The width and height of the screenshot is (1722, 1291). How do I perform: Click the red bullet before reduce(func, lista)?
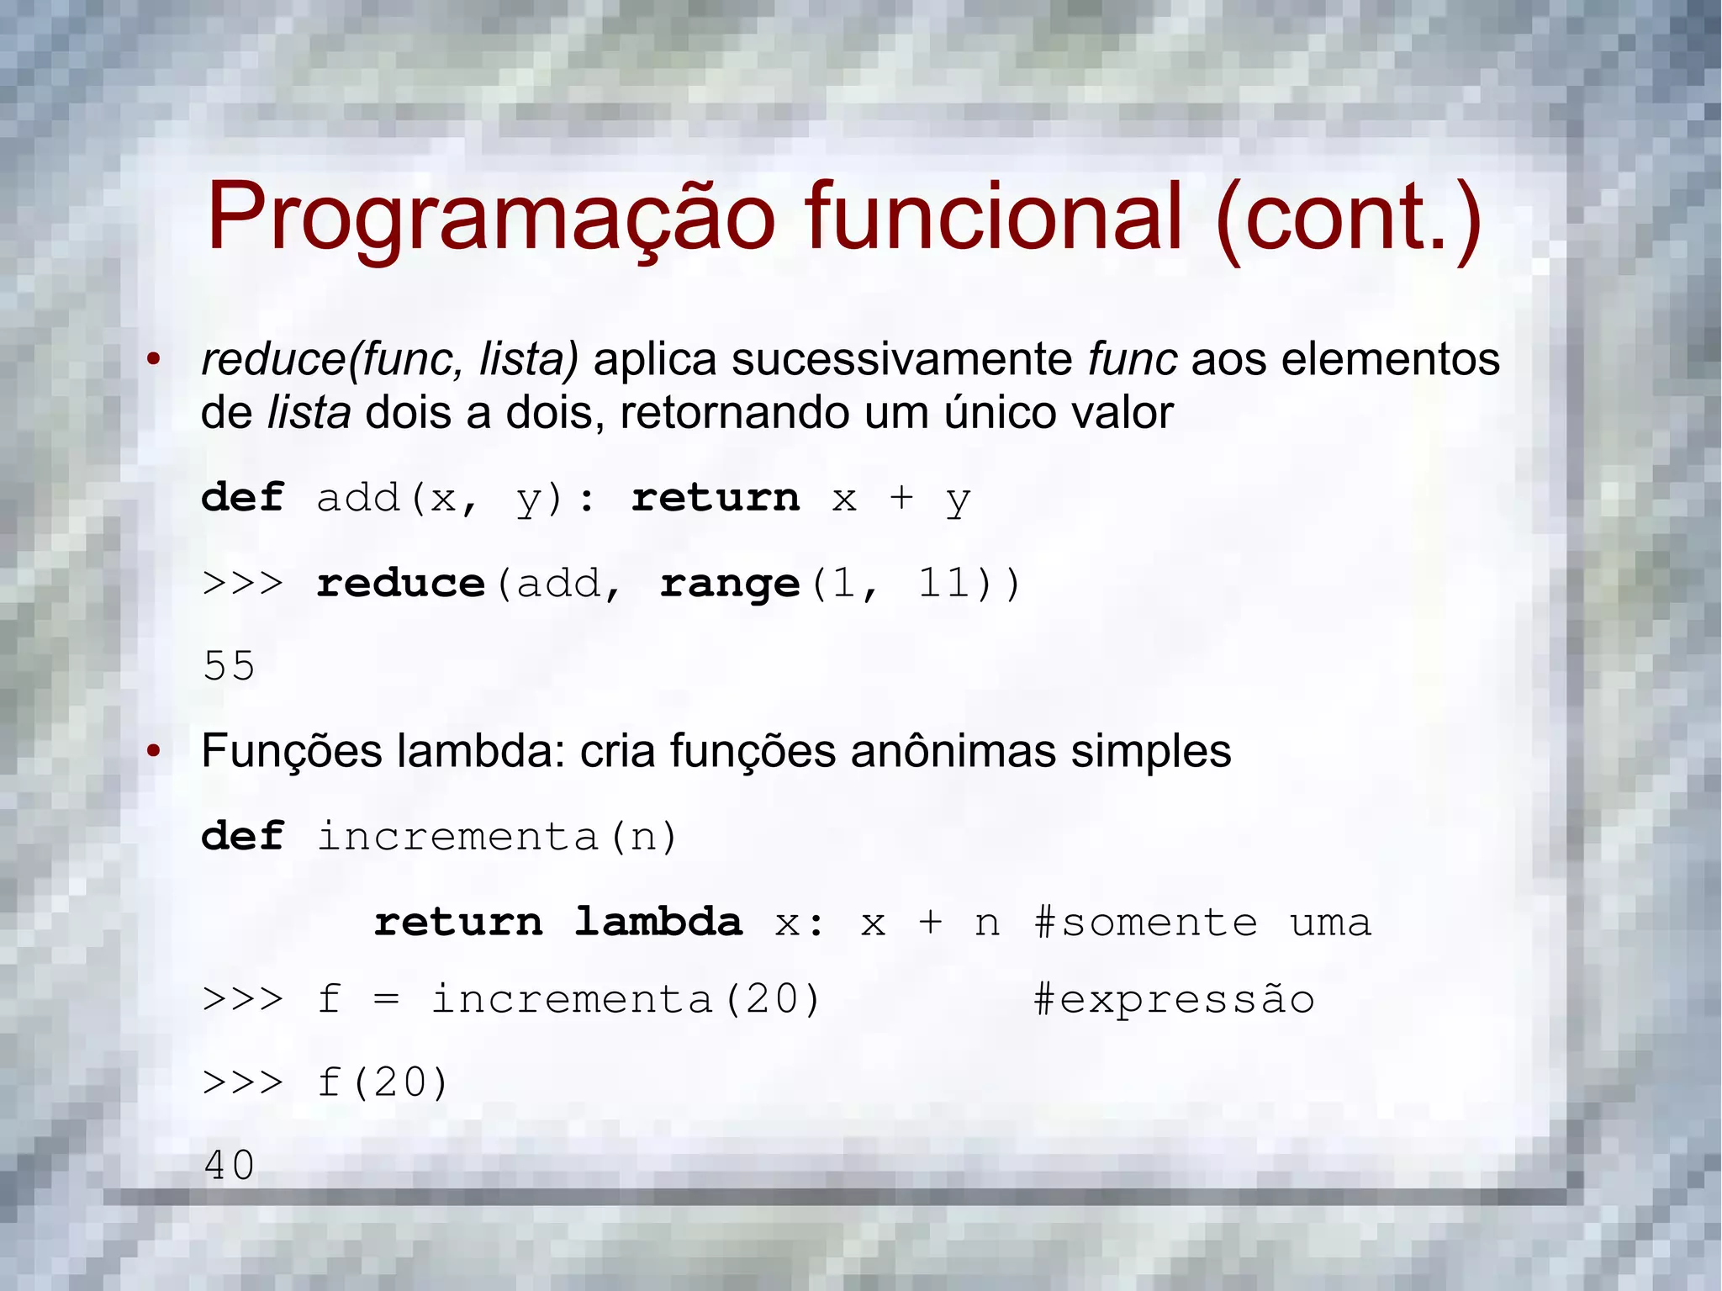tap(153, 360)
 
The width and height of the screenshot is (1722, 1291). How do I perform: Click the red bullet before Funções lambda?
tap(153, 751)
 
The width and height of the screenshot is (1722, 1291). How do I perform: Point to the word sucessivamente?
tap(901, 359)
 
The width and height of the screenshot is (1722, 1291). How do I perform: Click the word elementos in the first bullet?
tap(1390, 359)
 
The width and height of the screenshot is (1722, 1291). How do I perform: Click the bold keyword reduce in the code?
tap(401, 583)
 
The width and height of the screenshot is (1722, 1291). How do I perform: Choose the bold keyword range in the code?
tap(730, 585)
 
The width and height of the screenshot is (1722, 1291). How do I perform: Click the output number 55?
tap(229, 666)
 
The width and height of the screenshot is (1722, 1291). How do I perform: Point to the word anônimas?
tap(953, 751)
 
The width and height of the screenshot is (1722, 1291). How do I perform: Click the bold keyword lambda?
tap(658, 922)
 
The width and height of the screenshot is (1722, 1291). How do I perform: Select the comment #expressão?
tap(1173, 1000)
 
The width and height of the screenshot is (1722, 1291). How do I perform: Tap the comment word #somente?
tap(1145, 923)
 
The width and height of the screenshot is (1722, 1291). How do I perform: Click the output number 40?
tap(229, 1166)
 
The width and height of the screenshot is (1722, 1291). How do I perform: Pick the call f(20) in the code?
tap(383, 1082)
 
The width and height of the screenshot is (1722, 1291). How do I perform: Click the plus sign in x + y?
tap(901, 498)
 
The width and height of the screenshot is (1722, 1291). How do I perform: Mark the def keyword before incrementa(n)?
tap(243, 837)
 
